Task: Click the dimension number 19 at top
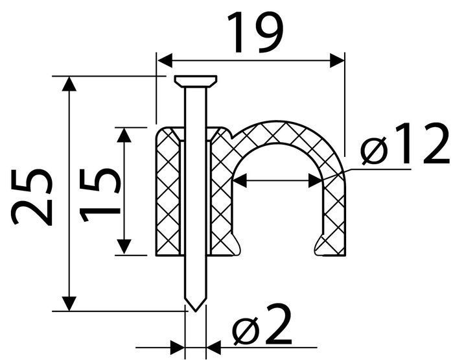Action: [x=255, y=33]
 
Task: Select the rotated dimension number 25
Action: [x=32, y=197]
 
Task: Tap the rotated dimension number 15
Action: [x=100, y=195]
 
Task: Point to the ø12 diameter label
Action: [x=405, y=143]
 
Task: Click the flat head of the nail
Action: [x=196, y=81]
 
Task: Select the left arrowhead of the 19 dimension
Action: [x=165, y=61]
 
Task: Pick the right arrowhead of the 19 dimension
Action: [x=337, y=61]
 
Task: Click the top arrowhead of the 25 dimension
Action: [x=69, y=84]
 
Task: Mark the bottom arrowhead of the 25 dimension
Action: [x=69, y=304]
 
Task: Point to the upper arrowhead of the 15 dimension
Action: [x=124, y=135]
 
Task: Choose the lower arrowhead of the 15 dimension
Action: [x=124, y=247]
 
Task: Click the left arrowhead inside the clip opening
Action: [x=240, y=180]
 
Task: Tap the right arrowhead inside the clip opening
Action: [x=316, y=180]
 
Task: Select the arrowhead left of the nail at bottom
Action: [x=178, y=348]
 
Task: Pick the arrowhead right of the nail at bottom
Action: [x=214, y=348]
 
